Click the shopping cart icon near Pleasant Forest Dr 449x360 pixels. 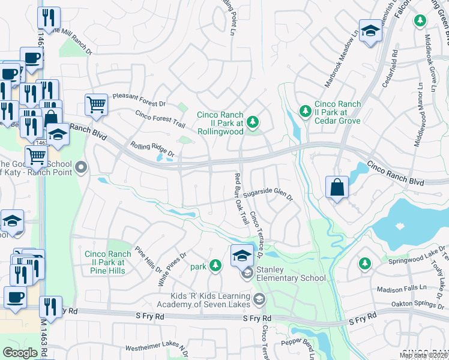click(96, 105)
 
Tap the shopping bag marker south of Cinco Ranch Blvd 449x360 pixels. click(337, 187)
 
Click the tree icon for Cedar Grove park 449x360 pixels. click(306, 111)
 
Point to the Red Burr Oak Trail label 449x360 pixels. click(241, 198)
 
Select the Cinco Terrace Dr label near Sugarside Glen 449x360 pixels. click(258, 235)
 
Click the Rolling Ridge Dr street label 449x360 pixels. click(152, 149)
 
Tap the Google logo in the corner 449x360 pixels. click(20, 352)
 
